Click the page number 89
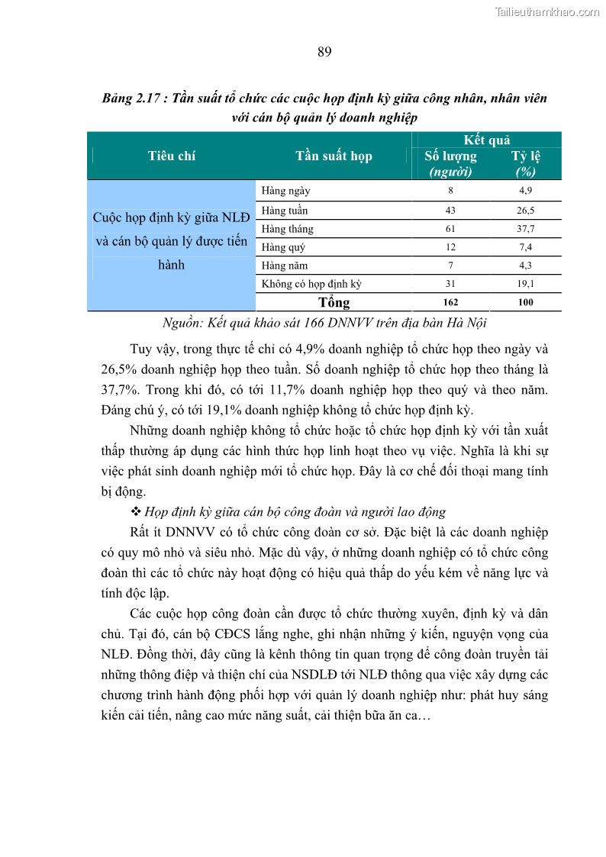(x=324, y=52)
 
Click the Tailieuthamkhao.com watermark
(x=546, y=11)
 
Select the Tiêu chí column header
(x=172, y=156)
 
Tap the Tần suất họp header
(x=334, y=156)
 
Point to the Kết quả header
(x=486, y=140)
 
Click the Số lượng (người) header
(x=450, y=163)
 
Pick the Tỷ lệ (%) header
(x=525, y=163)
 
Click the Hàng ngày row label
(x=285, y=191)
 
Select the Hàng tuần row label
(x=285, y=211)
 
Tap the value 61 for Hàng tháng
(x=450, y=229)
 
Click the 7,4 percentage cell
(x=525, y=247)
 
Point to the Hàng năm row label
(x=285, y=266)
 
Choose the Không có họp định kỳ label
(x=311, y=284)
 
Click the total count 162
(x=450, y=302)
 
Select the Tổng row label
(x=334, y=302)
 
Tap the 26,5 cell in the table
(x=525, y=211)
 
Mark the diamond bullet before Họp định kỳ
(x=137, y=511)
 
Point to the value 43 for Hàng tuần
(x=450, y=211)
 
